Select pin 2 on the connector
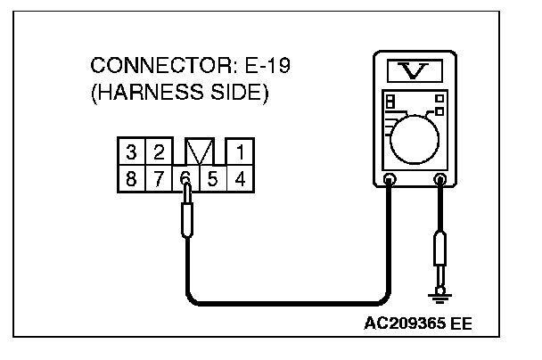[x=157, y=151]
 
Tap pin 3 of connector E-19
[x=131, y=151]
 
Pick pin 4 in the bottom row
[x=239, y=177]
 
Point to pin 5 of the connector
[x=211, y=177]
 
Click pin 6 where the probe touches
[x=185, y=177]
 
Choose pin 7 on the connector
[x=158, y=177]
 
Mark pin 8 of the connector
[x=131, y=177]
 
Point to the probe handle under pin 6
[x=185, y=217]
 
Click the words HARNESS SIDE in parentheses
[x=179, y=94]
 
